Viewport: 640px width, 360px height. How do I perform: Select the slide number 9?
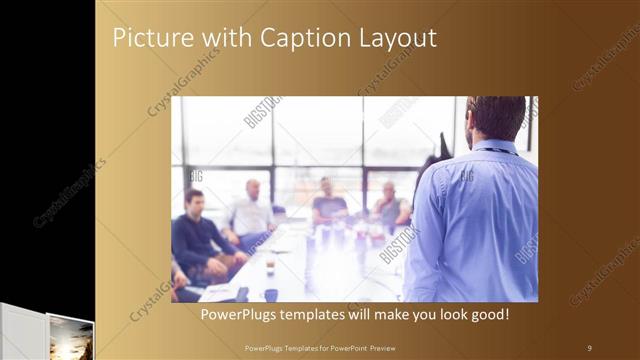click(x=589, y=347)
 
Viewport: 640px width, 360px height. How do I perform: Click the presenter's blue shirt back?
click(x=475, y=220)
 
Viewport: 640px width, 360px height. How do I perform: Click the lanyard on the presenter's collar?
click(x=494, y=150)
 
